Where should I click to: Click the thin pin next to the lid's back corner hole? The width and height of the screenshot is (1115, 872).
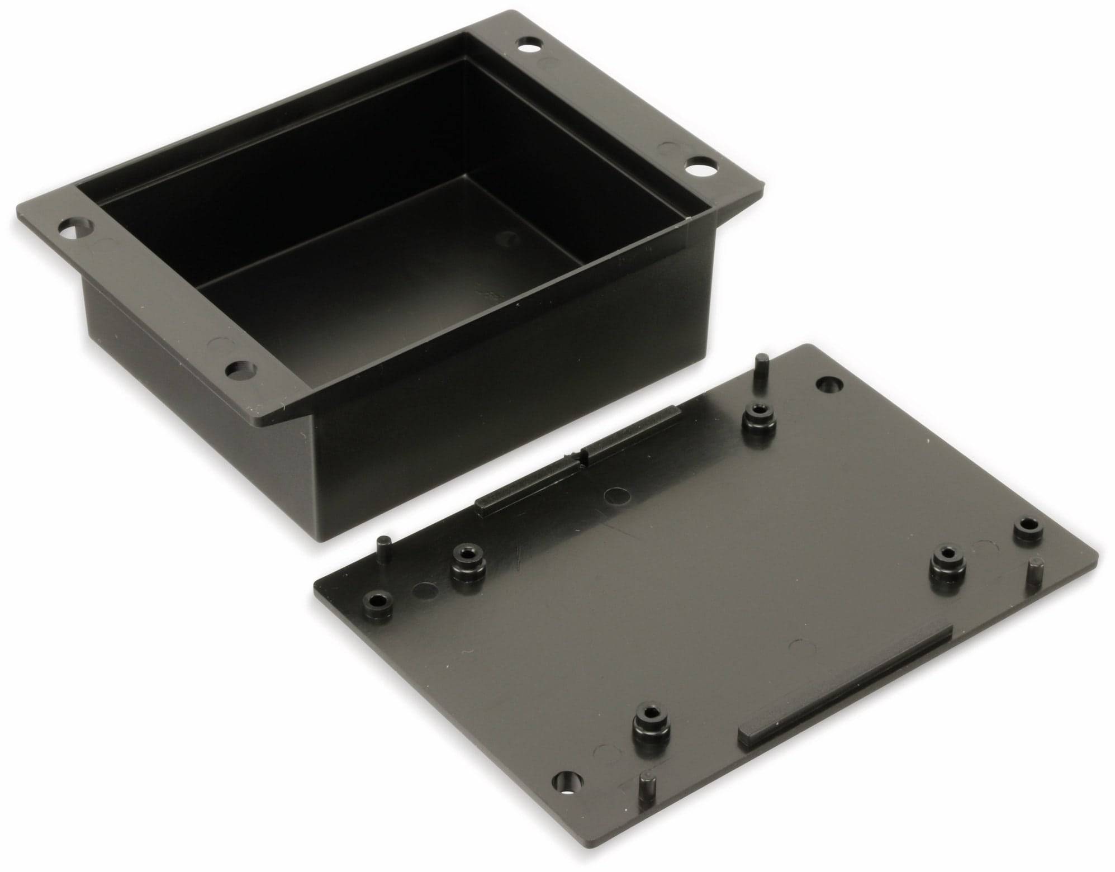(x=760, y=370)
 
